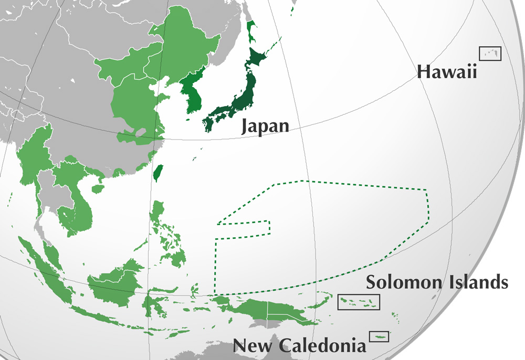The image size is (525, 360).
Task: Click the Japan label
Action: tap(265, 126)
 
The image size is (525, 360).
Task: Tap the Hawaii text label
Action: tap(447, 72)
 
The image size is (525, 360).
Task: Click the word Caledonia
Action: tap(323, 345)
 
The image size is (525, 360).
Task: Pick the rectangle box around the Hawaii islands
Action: tap(490, 53)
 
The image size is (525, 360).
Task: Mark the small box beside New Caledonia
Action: tap(379, 336)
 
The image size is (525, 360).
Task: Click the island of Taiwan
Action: tap(157, 172)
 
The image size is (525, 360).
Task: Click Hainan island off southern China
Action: tap(96, 187)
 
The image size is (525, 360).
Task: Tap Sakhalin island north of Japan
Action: tap(251, 31)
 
